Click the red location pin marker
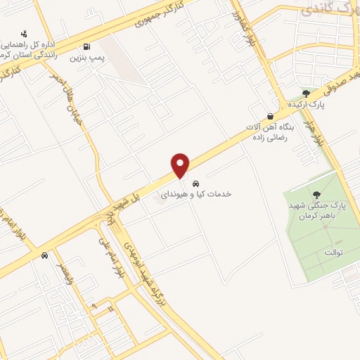(181, 165)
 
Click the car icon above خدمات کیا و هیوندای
(205, 179)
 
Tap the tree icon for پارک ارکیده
(306, 93)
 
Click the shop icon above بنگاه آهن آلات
(270, 117)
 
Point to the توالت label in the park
(334, 252)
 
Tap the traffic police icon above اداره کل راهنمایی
(25, 33)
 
